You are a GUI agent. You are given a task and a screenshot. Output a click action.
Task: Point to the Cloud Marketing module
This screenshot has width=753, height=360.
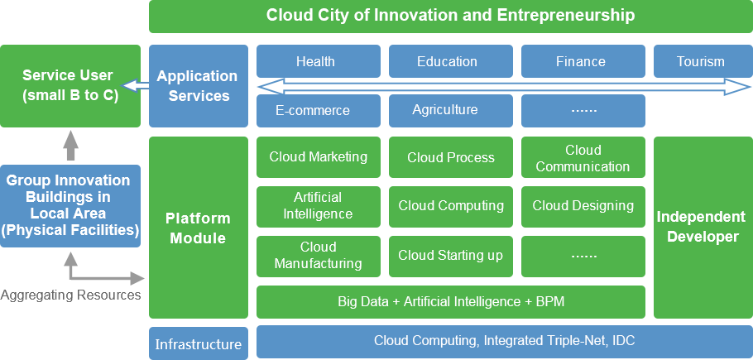(319, 157)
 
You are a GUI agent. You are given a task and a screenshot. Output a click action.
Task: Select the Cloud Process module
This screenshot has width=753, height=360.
(450, 157)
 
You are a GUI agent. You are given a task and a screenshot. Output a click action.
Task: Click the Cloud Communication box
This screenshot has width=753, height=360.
(583, 157)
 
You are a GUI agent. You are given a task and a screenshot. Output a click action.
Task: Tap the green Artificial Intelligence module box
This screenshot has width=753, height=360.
(319, 206)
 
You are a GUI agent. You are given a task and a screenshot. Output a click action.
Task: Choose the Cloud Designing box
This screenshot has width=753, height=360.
(583, 206)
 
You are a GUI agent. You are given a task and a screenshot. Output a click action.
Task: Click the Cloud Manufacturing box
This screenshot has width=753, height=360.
(319, 257)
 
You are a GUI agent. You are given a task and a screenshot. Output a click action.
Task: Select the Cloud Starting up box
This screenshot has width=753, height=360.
(450, 257)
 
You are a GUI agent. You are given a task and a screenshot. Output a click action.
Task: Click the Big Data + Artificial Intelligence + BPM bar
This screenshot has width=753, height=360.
(450, 302)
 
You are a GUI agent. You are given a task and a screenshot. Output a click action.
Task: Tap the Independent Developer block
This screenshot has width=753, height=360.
(703, 228)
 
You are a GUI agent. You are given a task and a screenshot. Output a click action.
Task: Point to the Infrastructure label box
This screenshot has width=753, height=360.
(199, 343)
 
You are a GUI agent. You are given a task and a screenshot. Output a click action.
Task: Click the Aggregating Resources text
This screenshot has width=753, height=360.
(70, 295)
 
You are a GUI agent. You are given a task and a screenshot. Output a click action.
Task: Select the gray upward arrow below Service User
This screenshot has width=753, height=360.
(70, 146)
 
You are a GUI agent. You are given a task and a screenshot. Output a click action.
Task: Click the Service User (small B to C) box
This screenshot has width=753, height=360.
(70, 86)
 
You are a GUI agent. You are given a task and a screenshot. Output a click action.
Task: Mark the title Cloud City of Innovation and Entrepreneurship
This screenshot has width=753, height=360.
(450, 16)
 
